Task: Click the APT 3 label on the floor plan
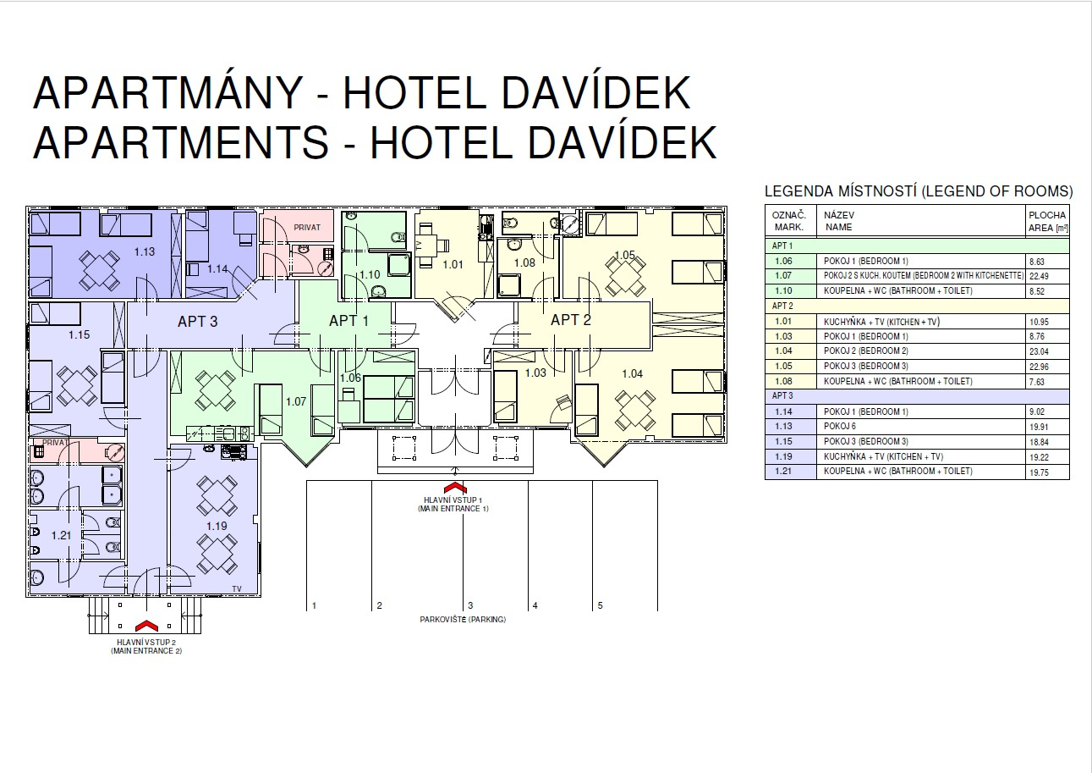coord(197,322)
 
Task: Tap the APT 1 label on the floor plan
coord(348,321)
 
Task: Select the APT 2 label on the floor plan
coord(571,320)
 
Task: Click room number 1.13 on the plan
coord(145,251)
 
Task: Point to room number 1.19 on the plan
coord(217,526)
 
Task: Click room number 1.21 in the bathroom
coord(61,535)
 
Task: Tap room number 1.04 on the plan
coord(632,373)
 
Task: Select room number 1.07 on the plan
coord(295,401)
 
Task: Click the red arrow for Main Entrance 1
coord(454,488)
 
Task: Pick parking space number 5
coord(601,605)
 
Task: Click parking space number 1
coord(315,605)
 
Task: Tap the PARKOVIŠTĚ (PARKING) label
coord(463,620)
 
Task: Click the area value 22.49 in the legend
coord(1038,276)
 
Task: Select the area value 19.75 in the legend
coord(1038,472)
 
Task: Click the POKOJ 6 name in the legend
coord(839,427)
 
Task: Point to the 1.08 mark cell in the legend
coord(783,382)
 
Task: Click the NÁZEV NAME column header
coord(839,222)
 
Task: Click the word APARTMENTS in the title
coord(179,142)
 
